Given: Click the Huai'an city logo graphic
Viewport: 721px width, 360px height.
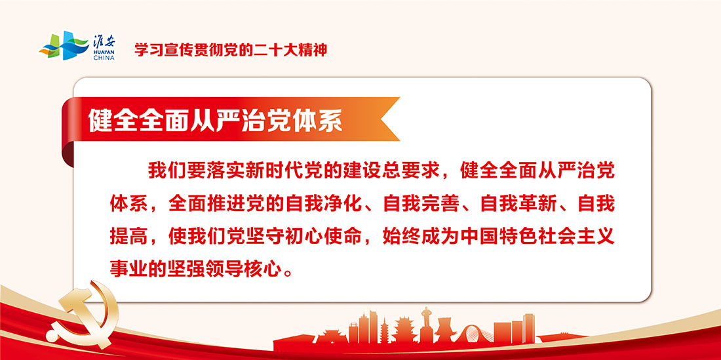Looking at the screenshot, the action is click(64, 45).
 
